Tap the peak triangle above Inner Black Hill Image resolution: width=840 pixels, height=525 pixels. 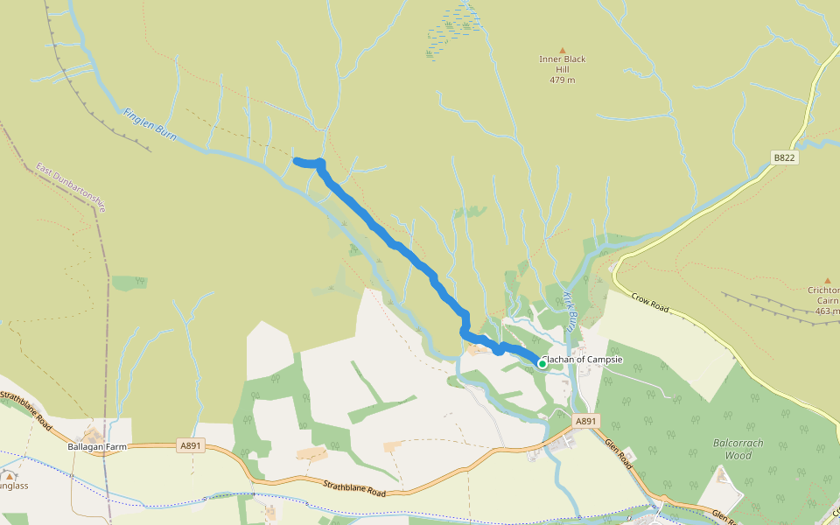tap(562, 50)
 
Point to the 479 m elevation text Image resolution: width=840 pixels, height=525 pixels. tap(562, 80)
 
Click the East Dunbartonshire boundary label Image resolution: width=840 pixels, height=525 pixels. tap(71, 187)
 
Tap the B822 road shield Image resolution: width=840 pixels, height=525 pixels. tap(785, 157)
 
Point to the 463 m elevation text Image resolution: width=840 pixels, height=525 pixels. tap(827, 311)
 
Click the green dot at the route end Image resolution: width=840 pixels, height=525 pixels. tap(542, 364)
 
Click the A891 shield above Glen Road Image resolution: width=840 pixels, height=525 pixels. tap(586, 421)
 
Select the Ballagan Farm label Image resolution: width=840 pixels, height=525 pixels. tap(93, 446)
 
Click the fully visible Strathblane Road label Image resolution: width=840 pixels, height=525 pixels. tap(354, 488)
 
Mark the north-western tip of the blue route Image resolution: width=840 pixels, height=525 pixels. tap(296, 160)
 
